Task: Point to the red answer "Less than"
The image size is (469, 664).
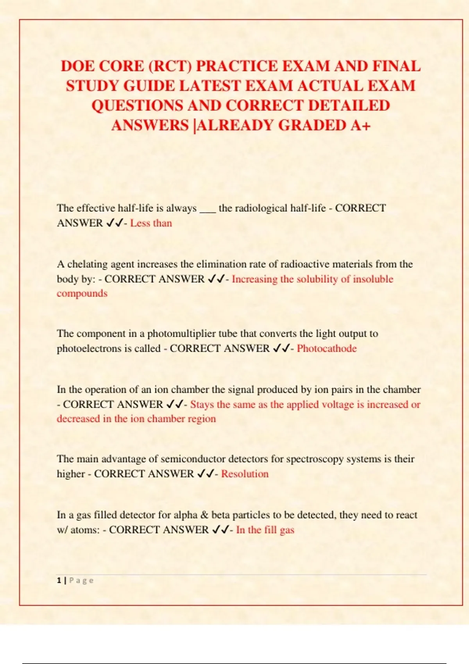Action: [x=151, y=223]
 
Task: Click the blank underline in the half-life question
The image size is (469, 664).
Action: [x=208, y=210]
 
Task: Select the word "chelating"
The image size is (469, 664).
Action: [x=88, y=264]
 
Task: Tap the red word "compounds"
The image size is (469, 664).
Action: [x=82, y=293]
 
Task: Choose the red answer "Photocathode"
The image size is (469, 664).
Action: [x=327, y=348]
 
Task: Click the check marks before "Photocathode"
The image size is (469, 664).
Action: [x=281, y=348]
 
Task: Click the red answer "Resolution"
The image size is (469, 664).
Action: [x=245, y=474]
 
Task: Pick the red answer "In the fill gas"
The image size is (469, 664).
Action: [x=265, y=530]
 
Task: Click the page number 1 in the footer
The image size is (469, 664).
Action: [x=59, y=580]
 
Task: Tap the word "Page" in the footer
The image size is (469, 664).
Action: [x=81, y=580]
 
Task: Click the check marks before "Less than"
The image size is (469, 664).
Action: [x=114, y=223]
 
